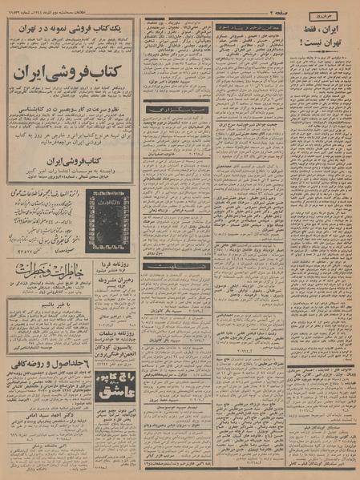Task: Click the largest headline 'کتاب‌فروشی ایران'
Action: pyautogui.click(x=71, y=87)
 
